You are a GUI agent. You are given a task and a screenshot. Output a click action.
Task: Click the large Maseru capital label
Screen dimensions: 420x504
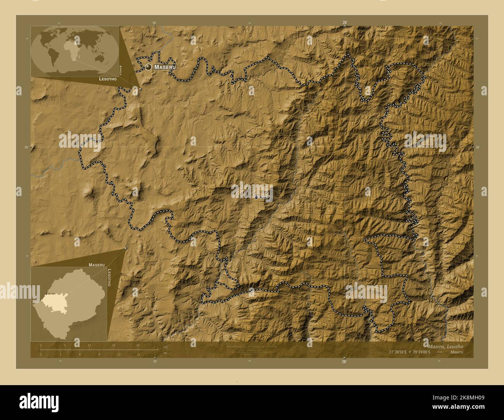[165, 67]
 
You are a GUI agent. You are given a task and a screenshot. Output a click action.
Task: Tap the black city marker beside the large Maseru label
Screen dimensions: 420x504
[148, 67]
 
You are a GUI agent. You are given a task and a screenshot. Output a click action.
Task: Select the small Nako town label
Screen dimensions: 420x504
[263, 197]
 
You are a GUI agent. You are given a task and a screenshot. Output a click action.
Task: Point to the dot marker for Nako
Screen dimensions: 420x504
[256, 197]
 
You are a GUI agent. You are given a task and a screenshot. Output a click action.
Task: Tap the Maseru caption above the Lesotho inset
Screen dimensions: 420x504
[97, 265]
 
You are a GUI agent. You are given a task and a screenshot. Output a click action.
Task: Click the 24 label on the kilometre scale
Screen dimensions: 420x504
[138, 345]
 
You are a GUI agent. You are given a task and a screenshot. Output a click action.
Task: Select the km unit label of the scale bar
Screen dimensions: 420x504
[166, 347]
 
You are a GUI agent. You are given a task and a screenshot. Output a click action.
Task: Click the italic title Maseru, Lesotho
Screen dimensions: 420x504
[445, 346]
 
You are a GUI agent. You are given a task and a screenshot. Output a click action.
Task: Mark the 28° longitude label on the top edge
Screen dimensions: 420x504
[344, 22]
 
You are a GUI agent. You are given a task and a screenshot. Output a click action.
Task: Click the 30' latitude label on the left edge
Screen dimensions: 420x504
[27, 147]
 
